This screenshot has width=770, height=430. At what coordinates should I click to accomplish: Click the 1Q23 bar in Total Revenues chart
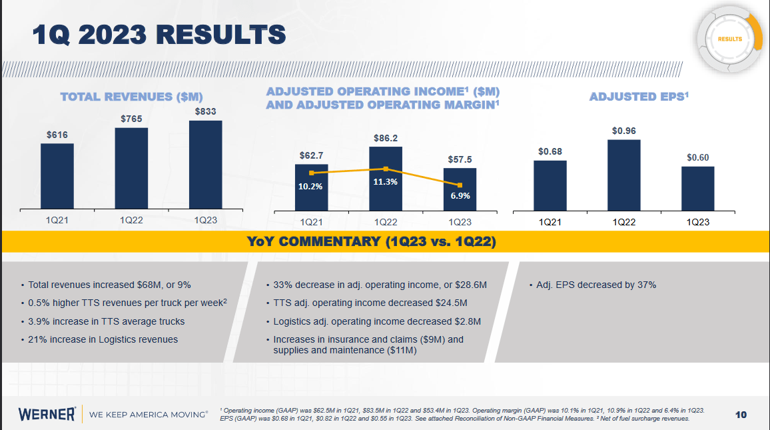click(205, 163)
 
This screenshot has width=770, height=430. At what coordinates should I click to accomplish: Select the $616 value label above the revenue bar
click(57, 135)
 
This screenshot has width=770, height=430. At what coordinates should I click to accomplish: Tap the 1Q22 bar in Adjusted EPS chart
click(623, 175)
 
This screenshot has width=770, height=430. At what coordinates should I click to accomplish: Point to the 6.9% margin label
click(460, 196)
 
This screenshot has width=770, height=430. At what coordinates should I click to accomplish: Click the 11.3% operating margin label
click(386, 181)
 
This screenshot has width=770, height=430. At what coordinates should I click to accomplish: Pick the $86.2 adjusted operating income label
click(386, 138)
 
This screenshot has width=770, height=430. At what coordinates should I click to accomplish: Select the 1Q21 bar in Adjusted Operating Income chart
click(311, 187)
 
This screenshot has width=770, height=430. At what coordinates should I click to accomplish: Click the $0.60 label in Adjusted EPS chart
click(698, 157)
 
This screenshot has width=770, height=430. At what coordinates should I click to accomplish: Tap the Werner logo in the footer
click(47, 414)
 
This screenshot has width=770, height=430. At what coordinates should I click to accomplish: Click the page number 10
click(741, 415)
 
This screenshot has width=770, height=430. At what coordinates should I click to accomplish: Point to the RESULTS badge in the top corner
click(730, 39)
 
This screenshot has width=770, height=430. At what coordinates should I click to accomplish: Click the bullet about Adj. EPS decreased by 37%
click(596, 285)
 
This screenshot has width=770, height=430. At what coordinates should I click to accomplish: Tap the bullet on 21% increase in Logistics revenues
click(103, 339)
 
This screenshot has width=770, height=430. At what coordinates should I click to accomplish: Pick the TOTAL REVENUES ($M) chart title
click(131, 97)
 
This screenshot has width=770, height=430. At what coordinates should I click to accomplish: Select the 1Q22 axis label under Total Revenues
click(131, 219)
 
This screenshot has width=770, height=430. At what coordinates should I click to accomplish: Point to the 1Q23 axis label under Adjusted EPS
click(698, 222)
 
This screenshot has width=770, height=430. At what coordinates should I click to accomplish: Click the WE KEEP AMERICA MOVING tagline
click(149, 415)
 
